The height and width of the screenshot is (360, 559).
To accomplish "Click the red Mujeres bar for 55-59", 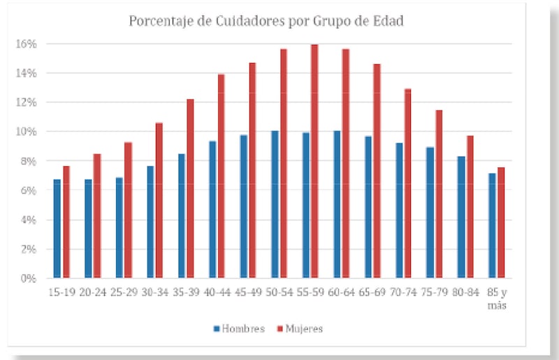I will pos(314,161).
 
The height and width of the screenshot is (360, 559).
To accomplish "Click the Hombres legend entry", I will pos(240,329).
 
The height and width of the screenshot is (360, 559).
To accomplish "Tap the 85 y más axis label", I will pos(497,298).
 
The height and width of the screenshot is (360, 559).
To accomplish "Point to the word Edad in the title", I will pos(390,21).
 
